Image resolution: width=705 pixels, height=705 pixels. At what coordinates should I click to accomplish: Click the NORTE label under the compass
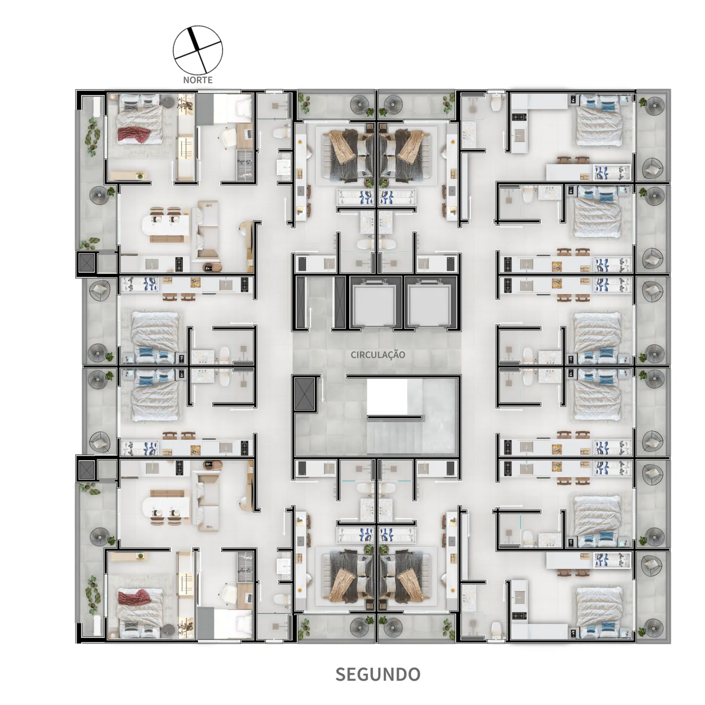point(197,80)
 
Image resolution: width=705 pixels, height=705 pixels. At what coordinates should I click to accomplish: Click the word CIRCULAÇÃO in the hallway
point(378,355)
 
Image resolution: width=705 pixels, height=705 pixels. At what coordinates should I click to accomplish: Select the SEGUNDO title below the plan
point(378,674)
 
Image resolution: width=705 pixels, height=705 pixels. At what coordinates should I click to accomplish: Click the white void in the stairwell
point(387,397)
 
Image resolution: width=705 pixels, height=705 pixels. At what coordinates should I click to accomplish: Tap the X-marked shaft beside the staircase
point(305,394)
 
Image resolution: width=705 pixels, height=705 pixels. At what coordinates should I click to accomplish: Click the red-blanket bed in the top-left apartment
point(139,119)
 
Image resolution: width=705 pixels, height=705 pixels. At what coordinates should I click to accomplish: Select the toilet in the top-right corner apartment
point(497,103)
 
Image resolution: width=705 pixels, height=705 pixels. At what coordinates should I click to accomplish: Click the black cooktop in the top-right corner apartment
point(519,117)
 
